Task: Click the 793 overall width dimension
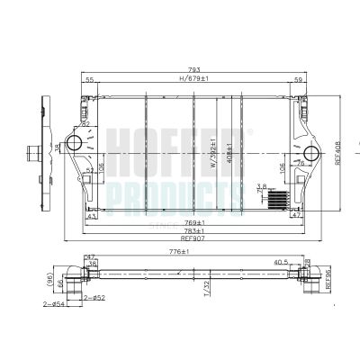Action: click(x=195, y=69)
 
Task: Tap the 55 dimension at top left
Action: click(x=89, y=80)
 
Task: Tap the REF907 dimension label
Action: click(x=193, y=238)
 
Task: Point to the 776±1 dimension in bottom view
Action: click(x=184, y=253)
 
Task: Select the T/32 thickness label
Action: click(x=206, y=289)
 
